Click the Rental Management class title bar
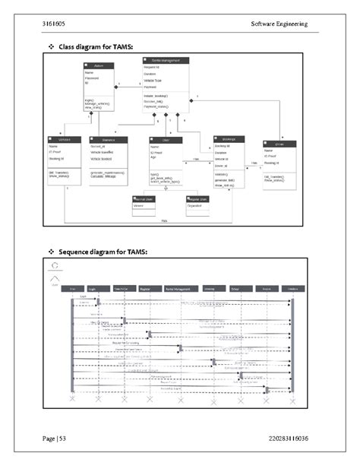166,59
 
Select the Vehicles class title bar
64,139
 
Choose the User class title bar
165,139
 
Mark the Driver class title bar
279,142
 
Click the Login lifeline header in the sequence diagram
92,289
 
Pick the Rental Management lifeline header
178,289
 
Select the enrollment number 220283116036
289,439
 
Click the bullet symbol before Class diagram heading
52,48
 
